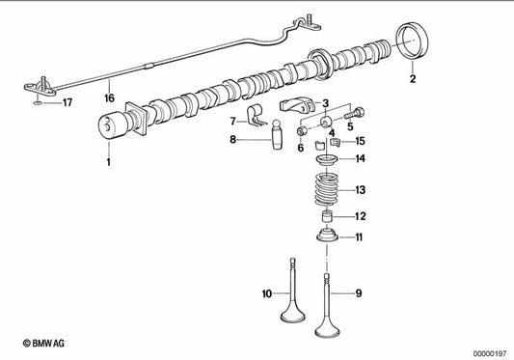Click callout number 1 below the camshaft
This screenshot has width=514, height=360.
click(109, 163)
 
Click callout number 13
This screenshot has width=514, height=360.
click(360, 190)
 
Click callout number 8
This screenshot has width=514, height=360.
click(232, 139)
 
